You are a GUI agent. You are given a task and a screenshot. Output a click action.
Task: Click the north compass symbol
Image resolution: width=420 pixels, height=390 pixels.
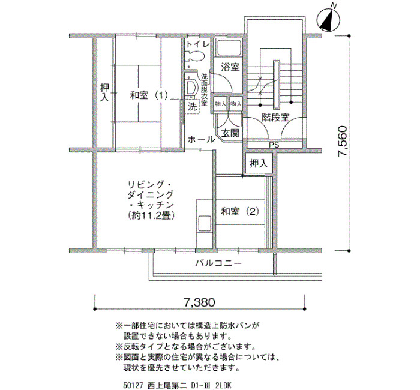tap(328, 19)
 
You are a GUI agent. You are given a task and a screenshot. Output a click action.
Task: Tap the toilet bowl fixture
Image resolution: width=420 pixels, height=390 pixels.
tap(195, 56)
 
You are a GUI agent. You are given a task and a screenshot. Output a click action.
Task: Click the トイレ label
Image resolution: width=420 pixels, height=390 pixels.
tap(197, 44)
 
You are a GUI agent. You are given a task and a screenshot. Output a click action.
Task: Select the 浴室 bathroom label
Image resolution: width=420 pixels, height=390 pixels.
tap(230, 67)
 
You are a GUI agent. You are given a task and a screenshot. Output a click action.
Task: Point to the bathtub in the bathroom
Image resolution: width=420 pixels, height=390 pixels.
tap(229, 49)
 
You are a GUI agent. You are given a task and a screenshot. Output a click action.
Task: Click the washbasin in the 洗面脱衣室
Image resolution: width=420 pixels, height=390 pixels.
tap(191, 87)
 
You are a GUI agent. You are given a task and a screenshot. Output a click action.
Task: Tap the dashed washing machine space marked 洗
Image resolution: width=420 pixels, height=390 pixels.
tap(193, 107)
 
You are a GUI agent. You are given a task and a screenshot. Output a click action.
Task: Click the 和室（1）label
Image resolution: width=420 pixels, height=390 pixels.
tap(149, 95)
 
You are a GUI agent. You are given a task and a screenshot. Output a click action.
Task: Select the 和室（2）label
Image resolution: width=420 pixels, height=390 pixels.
tap(240, 212)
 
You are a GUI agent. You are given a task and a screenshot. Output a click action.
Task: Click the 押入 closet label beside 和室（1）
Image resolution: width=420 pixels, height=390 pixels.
tap(104, 92)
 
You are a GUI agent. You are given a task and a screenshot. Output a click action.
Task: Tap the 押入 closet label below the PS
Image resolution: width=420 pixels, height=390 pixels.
tap(259, 163)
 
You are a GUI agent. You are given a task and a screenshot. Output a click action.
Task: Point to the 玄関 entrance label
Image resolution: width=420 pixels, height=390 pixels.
tap(230, 133)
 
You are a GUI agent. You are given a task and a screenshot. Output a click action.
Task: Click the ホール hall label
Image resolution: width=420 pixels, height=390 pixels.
tap(201, 140)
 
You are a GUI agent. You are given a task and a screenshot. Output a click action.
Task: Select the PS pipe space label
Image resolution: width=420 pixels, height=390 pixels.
tap(274, 145)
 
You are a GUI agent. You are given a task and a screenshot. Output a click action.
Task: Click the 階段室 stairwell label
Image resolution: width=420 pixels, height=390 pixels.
tap(275, 117)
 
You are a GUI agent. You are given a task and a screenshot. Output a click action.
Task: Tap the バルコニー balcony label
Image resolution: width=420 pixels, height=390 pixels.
tap(218, 263)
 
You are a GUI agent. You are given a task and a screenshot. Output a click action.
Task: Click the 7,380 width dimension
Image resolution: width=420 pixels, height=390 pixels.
tap(199, 302)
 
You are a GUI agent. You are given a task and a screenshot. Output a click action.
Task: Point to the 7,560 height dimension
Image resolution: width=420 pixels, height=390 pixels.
tap(343, 141)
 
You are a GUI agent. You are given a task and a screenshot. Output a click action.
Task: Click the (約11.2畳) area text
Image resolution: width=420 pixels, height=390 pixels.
tap(152, 215)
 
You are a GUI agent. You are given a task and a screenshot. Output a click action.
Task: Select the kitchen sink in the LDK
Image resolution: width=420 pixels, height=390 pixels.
tap(205, 224)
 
